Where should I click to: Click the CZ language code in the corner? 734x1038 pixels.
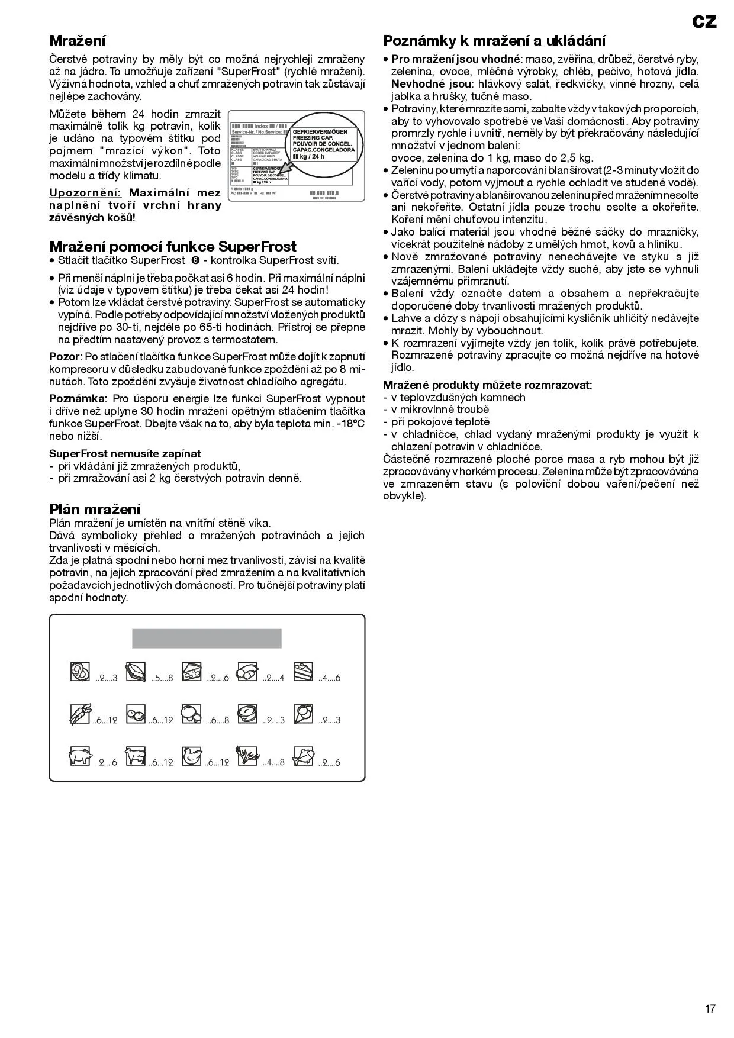(704, 22)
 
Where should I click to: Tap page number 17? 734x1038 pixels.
(710, 1008)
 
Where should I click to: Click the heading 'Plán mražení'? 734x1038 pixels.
(95, 509)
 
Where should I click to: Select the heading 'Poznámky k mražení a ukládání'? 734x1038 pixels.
(494, 41)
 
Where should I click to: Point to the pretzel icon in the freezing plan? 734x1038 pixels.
(80, 671)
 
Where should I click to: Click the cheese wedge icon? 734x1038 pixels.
(191, 671)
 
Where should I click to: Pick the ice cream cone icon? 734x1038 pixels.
(303, 713)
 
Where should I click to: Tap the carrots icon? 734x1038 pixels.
(79, 714)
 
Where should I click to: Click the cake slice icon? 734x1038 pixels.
(304, 671)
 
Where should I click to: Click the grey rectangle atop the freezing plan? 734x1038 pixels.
(207, 639)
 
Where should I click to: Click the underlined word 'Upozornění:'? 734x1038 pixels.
(85, 193)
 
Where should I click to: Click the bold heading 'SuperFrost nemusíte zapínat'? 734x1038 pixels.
(125, 454)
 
